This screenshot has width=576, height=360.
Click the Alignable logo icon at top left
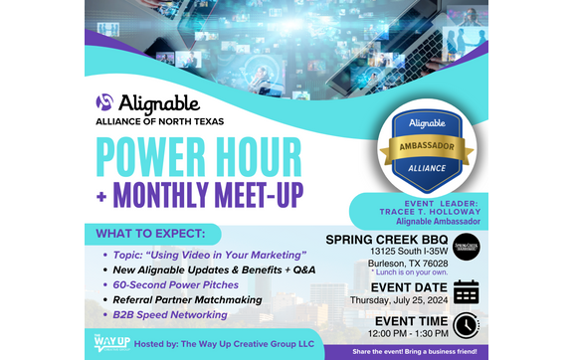tap(106, 102)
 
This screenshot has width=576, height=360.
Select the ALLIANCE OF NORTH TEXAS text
tap(160, 121)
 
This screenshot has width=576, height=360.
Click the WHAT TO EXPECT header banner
tap(158, 235)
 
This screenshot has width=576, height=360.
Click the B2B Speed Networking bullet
tap(169, 314)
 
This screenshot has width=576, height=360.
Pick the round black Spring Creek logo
tap(467, 246)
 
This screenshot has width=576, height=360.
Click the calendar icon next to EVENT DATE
tap(466, 292)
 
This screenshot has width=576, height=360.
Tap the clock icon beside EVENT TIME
tap(466, 326)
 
